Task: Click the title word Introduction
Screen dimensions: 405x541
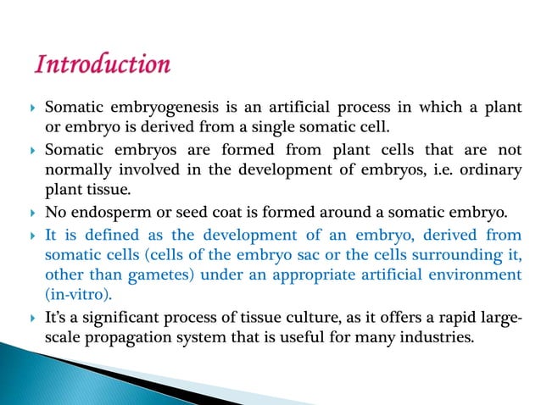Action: tap(100, 64)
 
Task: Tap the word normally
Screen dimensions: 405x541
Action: tap(75, 168)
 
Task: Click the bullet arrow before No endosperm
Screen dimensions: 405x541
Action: tap(29, 209)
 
